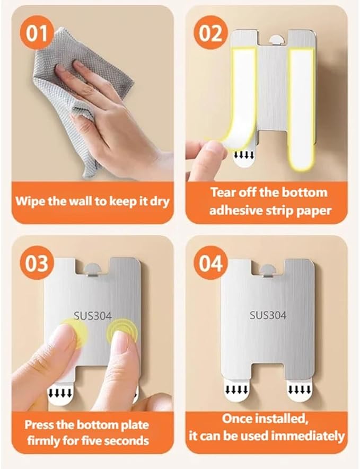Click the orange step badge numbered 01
coord(37,33)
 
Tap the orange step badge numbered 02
coord(210,33)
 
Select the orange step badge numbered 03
coord(37,263)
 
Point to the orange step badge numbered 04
coord(210,263)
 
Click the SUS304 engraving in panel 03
coord(92,316)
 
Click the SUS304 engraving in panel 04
coord(268,315)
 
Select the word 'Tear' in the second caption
coord(223,192)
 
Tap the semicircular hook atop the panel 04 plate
coord(268,271)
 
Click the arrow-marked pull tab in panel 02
coord(244,158)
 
